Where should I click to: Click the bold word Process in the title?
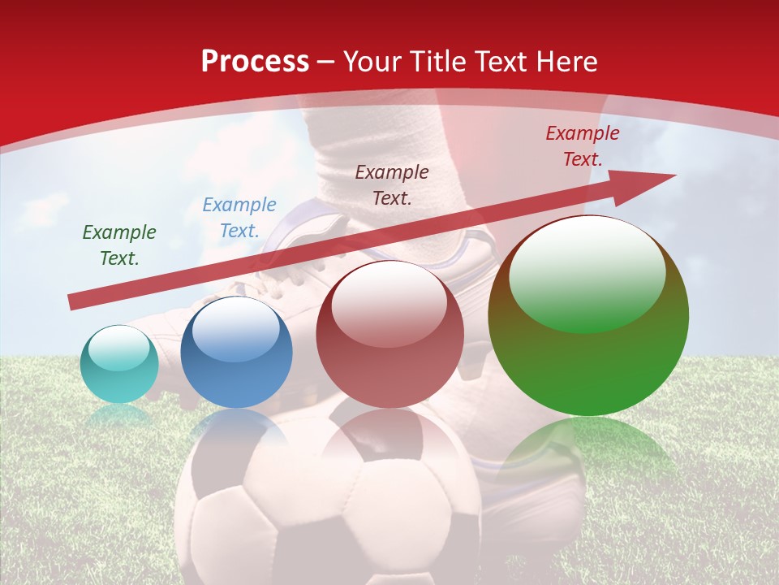point(255,62)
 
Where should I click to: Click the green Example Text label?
point(119,245)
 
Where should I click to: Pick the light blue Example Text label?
point(239,218)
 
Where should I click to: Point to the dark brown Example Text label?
point(392,184)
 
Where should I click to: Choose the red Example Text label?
point(583,146)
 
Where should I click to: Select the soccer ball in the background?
point(325,504)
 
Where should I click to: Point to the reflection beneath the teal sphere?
point(119,415)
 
